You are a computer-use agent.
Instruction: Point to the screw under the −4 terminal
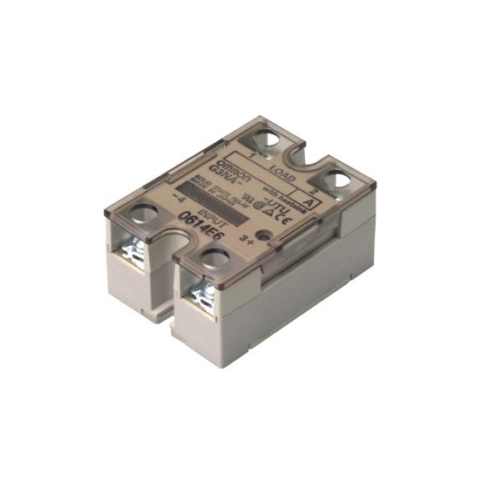click(137, 252)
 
